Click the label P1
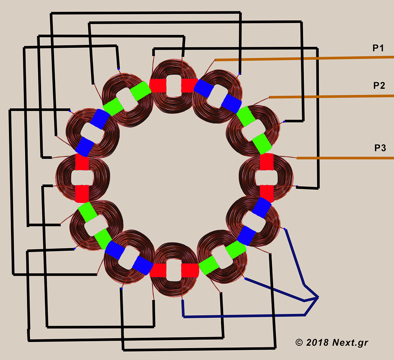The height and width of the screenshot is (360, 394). (x=378, y=48)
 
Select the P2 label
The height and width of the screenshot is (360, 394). (x=379, y=86)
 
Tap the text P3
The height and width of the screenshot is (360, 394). (x=380, y=148)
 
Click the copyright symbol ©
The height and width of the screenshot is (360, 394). (x=299, y=342)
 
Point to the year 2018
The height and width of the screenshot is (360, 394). (x=317, y=342)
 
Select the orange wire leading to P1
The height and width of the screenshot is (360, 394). (x=304, y=59)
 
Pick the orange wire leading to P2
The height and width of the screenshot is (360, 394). (x=331, y=96)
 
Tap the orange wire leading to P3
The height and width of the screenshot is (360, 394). (x=345, y=158)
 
